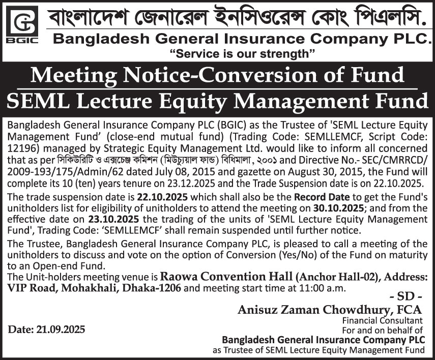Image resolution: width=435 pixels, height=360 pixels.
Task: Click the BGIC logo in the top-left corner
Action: tap(21, 26)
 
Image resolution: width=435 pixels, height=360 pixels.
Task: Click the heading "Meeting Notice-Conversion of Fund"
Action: tap(217, 76)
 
